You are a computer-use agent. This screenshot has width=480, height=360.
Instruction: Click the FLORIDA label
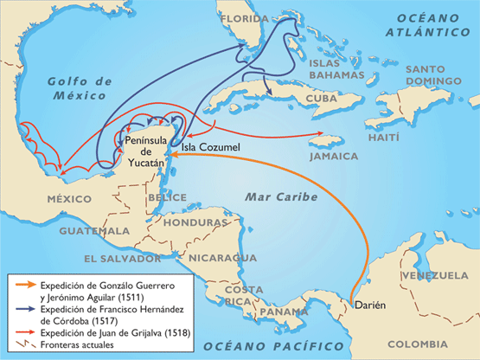coord(246,17)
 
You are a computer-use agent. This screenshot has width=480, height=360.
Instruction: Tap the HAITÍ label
coord(384,138)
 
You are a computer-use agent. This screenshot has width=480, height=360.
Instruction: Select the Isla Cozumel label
coord(211,148)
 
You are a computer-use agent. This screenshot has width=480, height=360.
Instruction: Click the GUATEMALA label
coord(94,232)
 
